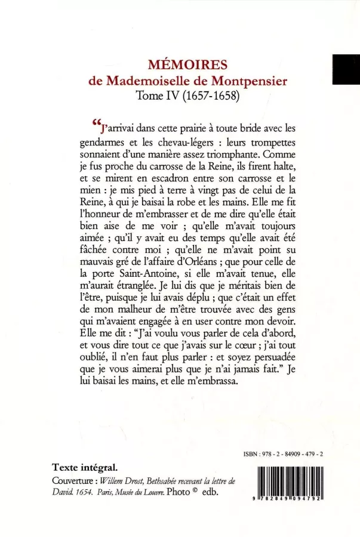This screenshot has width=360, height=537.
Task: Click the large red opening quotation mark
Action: click(97, 124)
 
